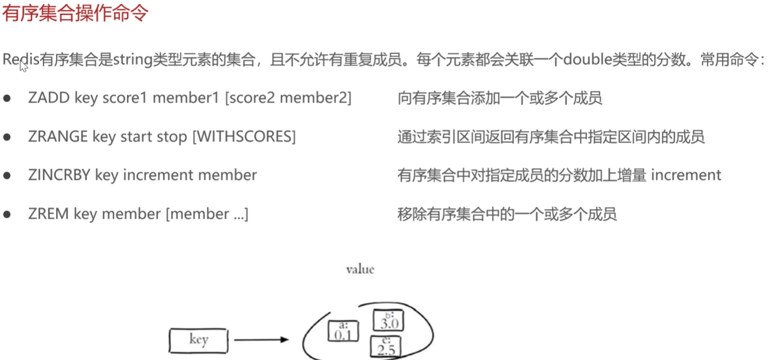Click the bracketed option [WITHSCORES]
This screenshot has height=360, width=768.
click(244, 137)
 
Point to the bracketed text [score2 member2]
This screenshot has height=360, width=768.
click(288, 98)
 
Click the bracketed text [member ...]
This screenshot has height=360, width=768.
click(207, 214)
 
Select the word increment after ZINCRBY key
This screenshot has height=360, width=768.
click(156, 175)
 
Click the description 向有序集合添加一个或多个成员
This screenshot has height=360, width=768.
click(499, 98)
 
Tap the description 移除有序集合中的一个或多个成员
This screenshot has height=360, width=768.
click(507, 214)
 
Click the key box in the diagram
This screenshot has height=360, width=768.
click(198, 340)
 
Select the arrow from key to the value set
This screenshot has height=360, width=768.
click(261, 340)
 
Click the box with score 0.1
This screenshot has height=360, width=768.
click(343, 331)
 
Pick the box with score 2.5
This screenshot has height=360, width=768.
click(385, 346)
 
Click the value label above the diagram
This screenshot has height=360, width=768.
click(360, 269)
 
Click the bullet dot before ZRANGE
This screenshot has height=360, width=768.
click(7, 137)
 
